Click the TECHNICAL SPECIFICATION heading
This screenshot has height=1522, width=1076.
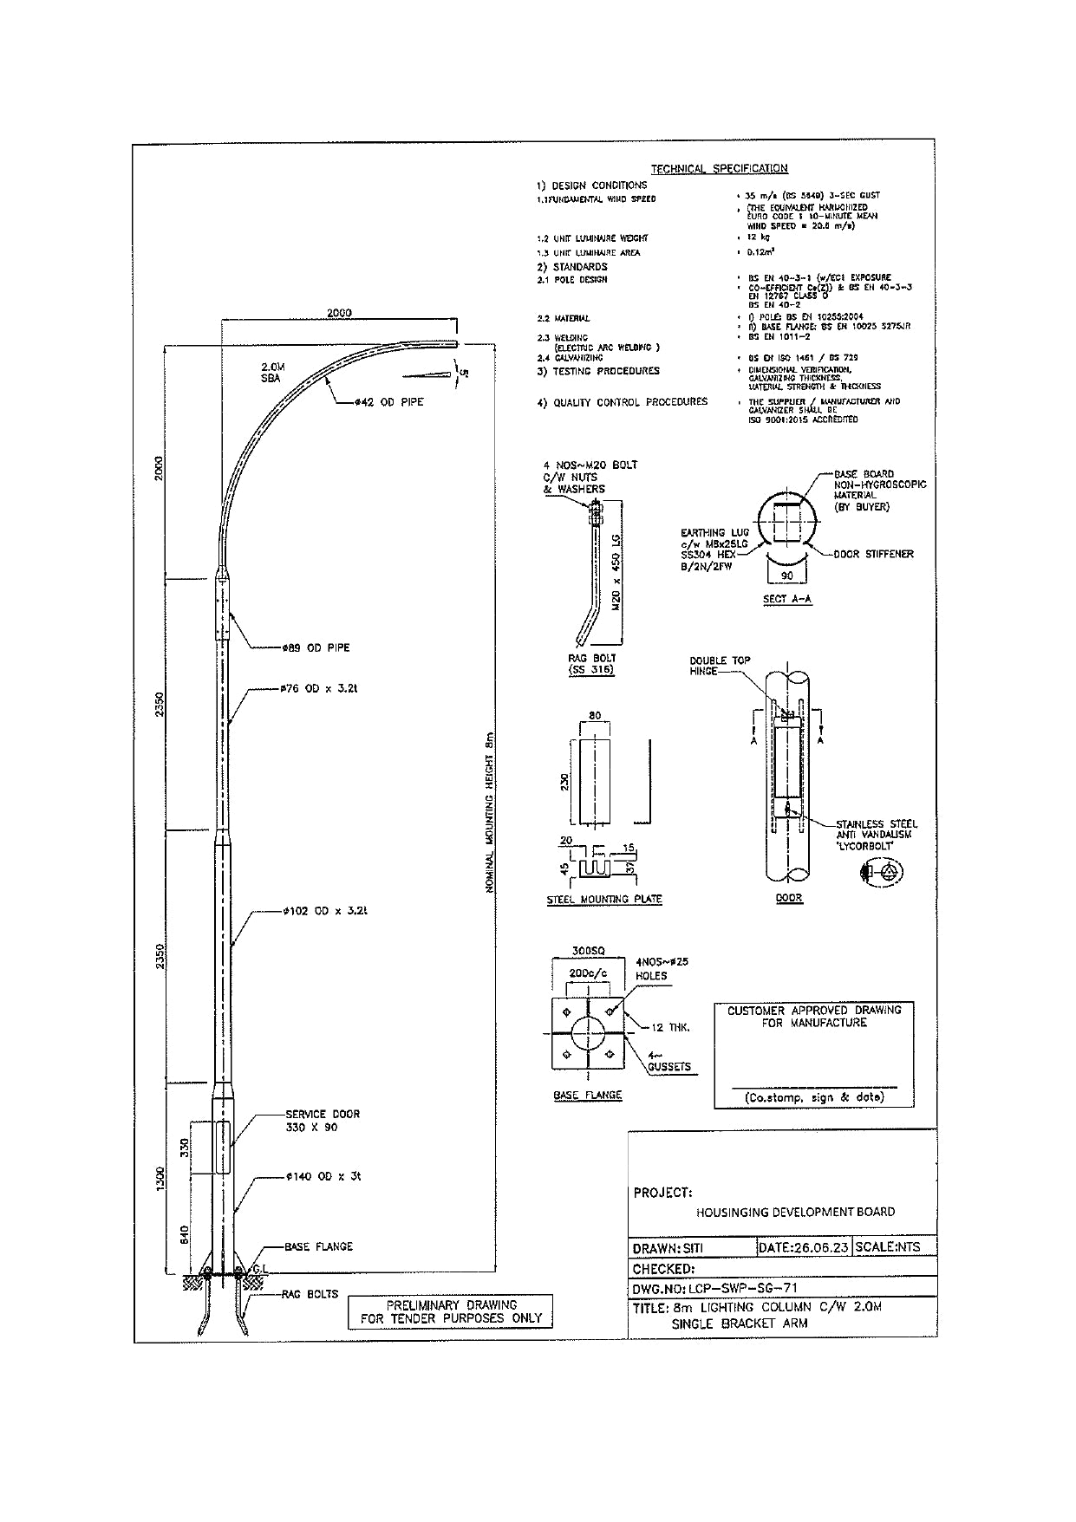[x=719, y=168]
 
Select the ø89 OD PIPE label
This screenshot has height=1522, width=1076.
[x=316, y=647]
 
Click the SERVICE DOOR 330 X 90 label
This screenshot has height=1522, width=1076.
[x=323, y=1121]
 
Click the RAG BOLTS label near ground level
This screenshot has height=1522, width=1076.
[x=311, y=1294]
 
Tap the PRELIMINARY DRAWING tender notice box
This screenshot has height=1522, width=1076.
[x=450, y=1311]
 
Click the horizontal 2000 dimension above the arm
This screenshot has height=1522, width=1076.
[x=339, y=313]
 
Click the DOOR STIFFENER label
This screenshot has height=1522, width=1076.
[x=873, y=554]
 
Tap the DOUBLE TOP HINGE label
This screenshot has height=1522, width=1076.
[x=720, y=666]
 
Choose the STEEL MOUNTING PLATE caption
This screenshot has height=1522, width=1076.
[x=603, y=900]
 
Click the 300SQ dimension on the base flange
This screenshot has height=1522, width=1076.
[x=589, y=949]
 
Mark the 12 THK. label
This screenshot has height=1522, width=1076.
[x=670, y=1027]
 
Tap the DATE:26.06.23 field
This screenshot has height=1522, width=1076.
[x=803, y=1247]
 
